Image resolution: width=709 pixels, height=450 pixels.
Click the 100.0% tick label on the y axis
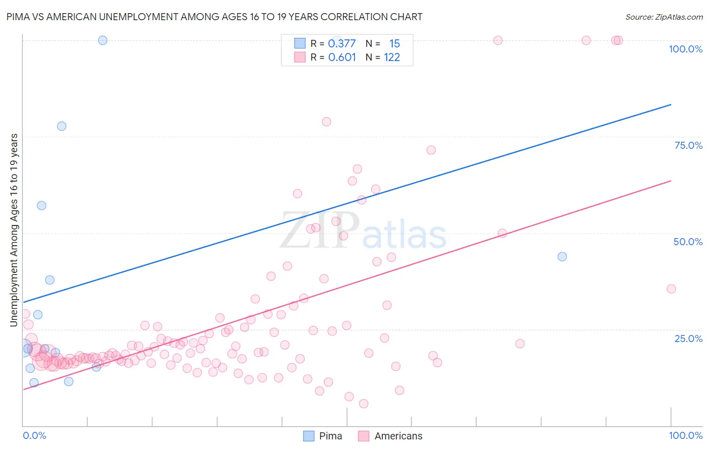(685, 49)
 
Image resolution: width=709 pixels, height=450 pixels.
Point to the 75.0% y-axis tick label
(688, 145)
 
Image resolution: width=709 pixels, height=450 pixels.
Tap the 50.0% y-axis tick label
(688, 242)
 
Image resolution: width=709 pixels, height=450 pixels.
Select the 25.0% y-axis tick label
(688, 338)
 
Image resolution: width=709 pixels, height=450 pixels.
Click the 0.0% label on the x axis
(34, 435)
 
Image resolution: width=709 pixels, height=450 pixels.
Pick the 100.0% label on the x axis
(685, 435)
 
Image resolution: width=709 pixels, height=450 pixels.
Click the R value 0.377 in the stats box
(342, 44)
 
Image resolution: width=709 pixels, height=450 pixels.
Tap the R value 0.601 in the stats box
(342, 58)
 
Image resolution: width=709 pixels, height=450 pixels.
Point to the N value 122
(392, 58)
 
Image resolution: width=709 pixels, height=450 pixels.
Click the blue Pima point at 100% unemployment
(103, 40)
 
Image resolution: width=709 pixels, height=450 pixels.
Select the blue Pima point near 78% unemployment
(62, 126)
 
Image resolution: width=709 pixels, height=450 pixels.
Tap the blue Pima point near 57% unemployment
(42, 205)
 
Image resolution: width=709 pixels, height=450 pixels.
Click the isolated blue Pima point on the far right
(562, 257)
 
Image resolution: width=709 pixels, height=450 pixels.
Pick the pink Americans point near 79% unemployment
(326, 122)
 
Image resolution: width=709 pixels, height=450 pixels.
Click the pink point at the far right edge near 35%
(671, 289)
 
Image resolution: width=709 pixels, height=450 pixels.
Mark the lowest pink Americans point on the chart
(364, 404)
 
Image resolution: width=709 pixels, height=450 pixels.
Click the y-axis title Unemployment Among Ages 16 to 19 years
(14, 230)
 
